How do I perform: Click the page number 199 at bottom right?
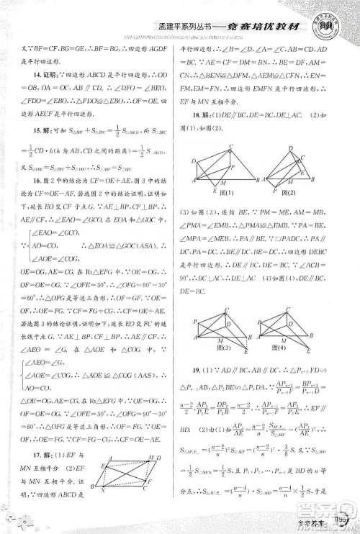pyautogui.click(x=341, y=519)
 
